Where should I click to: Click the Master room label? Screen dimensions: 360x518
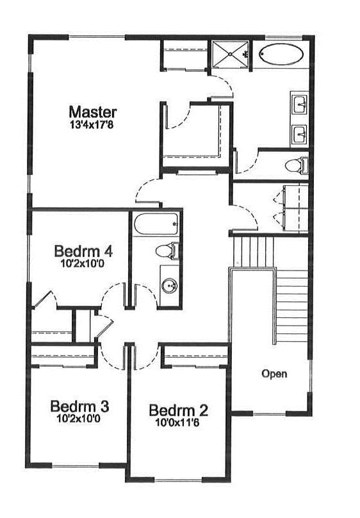pos(93,112)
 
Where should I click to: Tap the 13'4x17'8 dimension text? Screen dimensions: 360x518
pos(92,125)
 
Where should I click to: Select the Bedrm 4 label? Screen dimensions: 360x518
pos(83,251)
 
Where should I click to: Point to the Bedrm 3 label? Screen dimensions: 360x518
pos(79,406)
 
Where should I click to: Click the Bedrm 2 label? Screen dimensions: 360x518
pos(179,410)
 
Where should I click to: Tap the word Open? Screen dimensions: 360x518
pos(274,374)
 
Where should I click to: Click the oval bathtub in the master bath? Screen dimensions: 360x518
pos(281,55)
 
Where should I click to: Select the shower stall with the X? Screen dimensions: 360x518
pos(230,56)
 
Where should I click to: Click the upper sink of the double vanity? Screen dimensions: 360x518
pos(300,104)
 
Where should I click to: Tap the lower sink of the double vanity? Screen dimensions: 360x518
pos(300,135)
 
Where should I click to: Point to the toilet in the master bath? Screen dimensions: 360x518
pos(297,165)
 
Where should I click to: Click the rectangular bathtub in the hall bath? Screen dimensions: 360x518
pos(156,224)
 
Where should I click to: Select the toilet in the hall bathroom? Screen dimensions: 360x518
pos(167,251)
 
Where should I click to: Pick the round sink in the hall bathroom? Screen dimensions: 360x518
pos(170,285)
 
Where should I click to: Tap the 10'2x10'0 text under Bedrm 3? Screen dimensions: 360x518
pos(79,419)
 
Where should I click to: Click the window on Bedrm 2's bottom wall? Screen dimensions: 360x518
pos(178,480)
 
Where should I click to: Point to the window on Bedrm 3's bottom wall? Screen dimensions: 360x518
pos(75,466)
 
